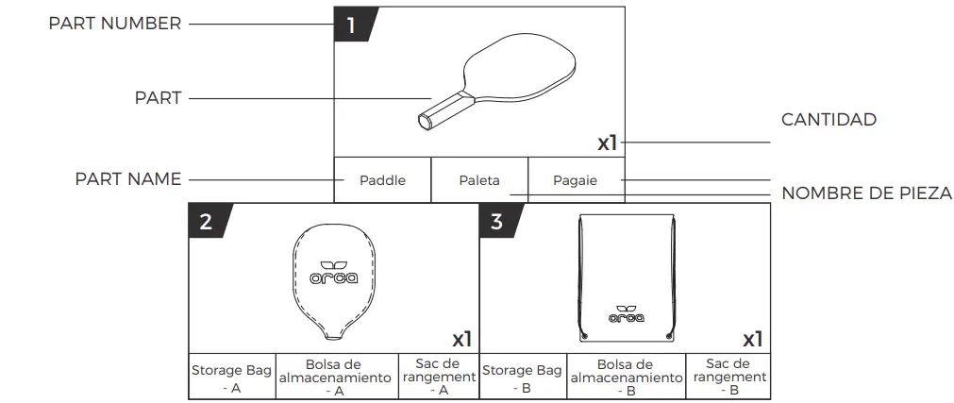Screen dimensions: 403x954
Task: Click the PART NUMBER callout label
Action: [115, 25]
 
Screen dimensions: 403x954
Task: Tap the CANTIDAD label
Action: [828, 120]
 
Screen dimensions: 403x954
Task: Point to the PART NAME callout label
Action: [128, 179]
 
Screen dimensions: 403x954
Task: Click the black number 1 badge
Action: [352, 25]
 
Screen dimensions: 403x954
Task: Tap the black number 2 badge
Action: [207, 222]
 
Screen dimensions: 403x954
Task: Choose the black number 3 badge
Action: [497, 222]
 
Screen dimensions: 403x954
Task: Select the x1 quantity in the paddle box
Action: [607, 143]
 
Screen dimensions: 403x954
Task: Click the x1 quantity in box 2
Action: [461, 339]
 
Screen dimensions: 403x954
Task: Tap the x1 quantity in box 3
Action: [752, 339]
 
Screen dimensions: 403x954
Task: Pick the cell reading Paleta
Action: [479, 180]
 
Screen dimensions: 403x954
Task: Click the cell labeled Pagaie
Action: [576, 180]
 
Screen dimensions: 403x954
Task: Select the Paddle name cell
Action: [382, 180]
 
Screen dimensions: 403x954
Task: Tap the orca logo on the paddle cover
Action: [331, 274]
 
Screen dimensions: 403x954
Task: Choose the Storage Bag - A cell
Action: [231, 377]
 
